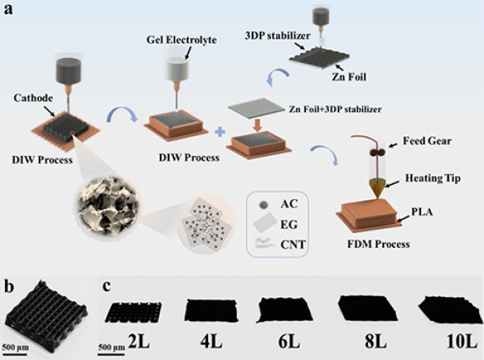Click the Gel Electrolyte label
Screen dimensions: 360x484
[x=182, y=40]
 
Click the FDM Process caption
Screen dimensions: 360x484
[x=373, y=242]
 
